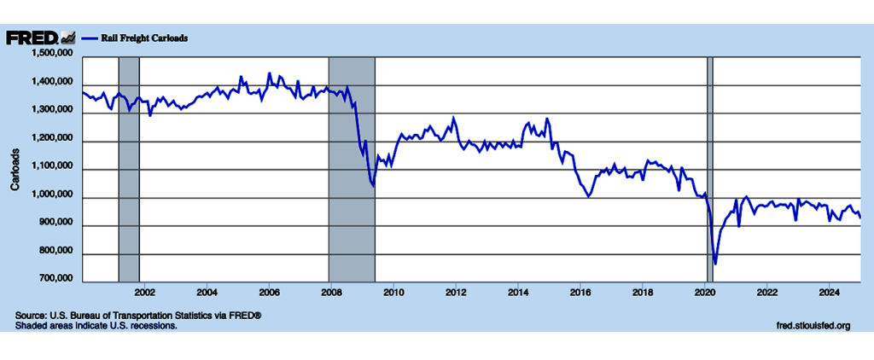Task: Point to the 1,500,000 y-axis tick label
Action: click(53, 55)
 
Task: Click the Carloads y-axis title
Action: click(15, 169)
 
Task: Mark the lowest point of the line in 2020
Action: click(715, 264)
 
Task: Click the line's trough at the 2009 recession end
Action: click(374, 185)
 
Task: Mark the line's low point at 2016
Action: click(588, 196)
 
